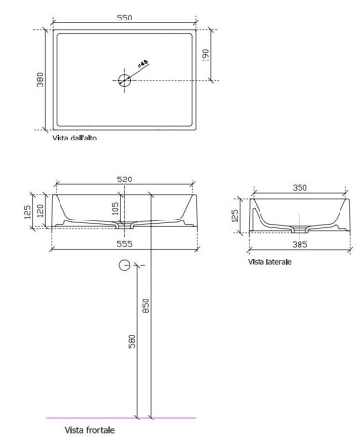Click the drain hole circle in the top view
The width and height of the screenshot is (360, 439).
pos(125,80)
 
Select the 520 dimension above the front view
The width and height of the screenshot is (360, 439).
pos(124,180)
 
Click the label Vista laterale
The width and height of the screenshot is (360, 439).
pos(271,261)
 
